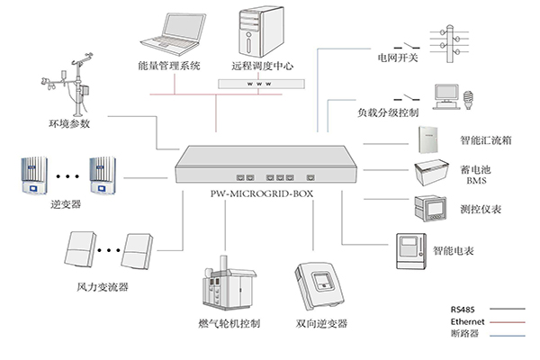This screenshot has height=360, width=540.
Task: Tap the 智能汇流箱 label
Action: (485, 141)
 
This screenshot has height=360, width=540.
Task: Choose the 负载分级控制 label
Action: (388, 113)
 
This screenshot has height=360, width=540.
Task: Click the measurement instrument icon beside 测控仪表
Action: (428, 210)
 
